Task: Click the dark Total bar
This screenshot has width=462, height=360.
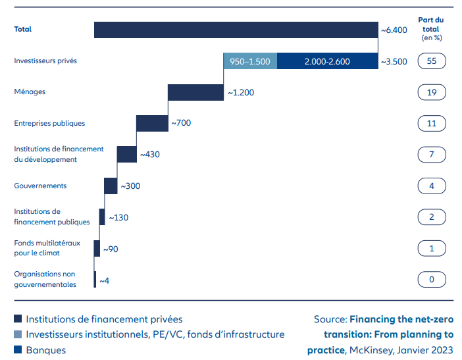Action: (236, 30)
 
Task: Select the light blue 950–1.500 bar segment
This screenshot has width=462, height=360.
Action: (250, 61)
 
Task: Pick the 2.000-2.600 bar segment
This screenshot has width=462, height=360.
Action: (327, 61)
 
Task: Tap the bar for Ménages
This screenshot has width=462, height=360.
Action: (196, 92)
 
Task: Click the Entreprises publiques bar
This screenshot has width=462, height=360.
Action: (152, 123)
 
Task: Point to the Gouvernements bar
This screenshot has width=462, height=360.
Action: (111, 186)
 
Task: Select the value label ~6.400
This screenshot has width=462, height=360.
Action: (394, 30)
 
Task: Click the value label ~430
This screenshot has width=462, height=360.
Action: (149, 155)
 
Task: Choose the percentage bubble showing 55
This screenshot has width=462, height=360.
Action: (432, 61)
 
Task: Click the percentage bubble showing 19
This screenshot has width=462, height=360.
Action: (432, 92)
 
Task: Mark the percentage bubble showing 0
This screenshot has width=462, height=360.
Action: (432, 280)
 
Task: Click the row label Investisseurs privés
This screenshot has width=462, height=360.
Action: (46, 61)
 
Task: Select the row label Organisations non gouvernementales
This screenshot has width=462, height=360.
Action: (45, 279)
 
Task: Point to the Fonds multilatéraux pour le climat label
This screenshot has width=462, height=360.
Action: (47, 248)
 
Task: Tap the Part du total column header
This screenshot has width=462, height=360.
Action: (431, 28)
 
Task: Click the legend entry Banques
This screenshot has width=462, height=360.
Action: (45, 350)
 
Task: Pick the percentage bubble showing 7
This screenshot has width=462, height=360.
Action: (432, 155)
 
